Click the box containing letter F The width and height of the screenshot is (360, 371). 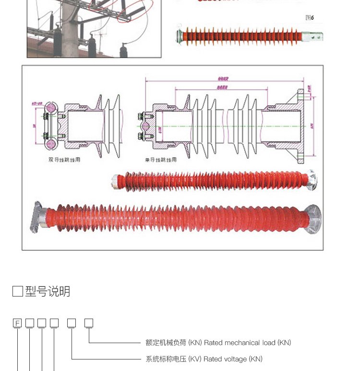coord(17,323)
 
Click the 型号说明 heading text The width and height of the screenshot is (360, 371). coord(48,291)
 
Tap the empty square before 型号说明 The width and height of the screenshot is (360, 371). coord(17,291)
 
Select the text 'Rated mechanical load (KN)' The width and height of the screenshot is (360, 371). coord(248,343)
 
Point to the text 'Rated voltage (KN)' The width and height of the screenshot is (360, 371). coord(233,359)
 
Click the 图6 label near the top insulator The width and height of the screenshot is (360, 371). coord(310,18)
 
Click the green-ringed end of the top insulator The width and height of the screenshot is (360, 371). coord(180,35)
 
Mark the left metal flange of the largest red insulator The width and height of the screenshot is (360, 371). coord(37,217)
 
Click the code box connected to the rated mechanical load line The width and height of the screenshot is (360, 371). coord(89,323)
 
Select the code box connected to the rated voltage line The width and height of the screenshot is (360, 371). coord(71,323)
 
